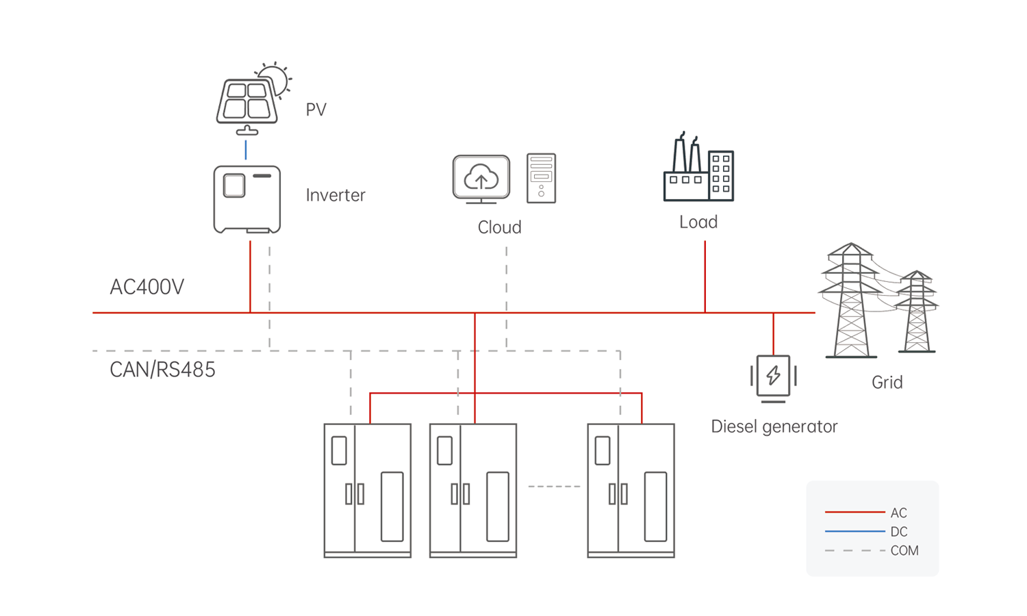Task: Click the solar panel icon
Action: (248, 103)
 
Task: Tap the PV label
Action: (316, 110)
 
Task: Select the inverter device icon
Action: (246, 199)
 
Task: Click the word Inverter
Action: (335, 195)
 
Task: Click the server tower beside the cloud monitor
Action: (541, 178)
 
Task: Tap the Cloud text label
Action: (499, 227)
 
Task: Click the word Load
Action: (698, 222)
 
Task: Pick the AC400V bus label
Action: (147, 287)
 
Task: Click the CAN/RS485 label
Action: (162, 370)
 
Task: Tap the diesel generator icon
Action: (773, 376)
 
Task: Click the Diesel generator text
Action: (774, 426)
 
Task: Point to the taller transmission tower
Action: (850, 301)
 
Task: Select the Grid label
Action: (887, 382)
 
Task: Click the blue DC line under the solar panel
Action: (246, 150)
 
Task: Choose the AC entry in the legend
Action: (898, 513)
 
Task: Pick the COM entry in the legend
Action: (904, 550)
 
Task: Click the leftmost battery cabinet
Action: (368, 490)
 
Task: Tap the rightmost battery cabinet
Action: (631, 490)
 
